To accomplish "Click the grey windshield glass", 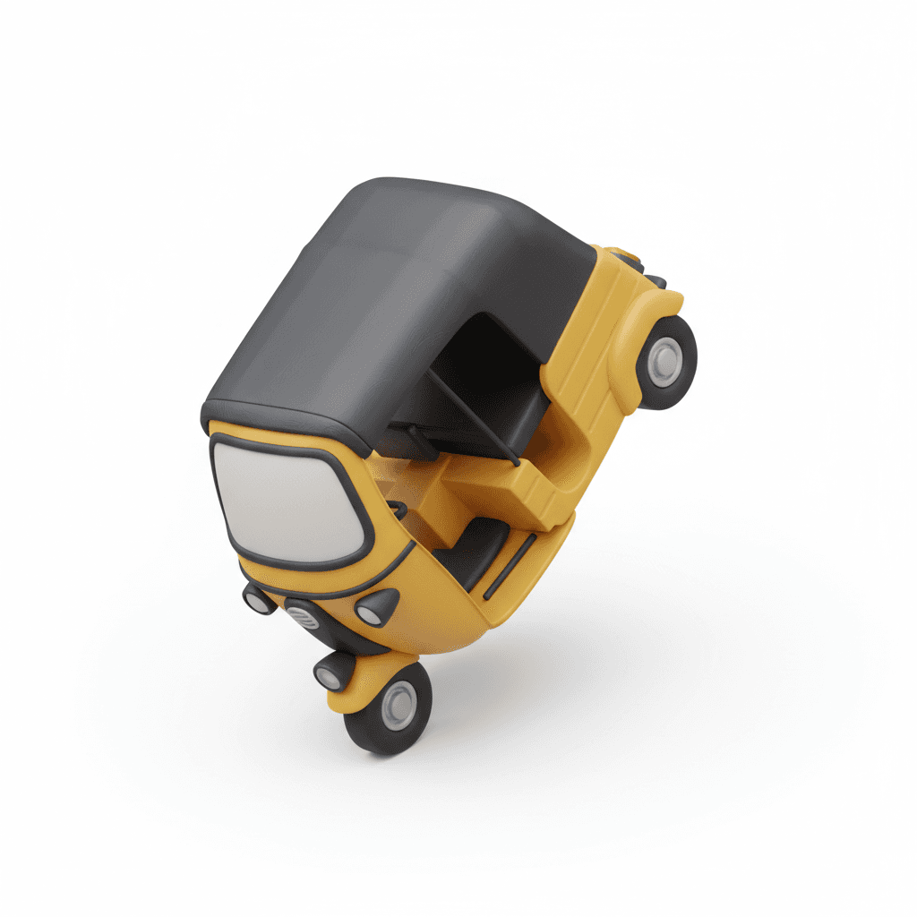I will (x=287, y=501).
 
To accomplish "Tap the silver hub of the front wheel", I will (x=399, y=704).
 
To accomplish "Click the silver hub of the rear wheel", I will (x=664, y=361).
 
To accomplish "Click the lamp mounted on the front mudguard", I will (x=330, y=673).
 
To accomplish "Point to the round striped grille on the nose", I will (x=300, y=617).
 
